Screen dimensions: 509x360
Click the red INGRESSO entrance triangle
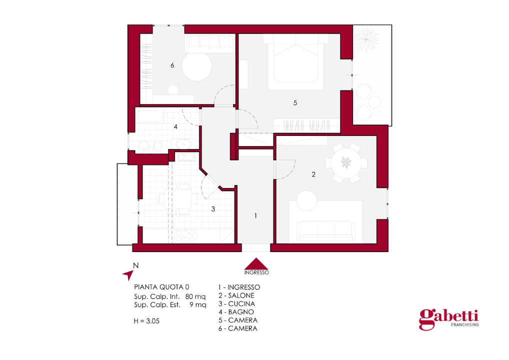coord(256,264)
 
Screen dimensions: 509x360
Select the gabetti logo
coord(448,319)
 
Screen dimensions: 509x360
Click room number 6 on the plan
coord(172,65)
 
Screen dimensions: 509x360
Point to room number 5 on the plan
coord(295,103)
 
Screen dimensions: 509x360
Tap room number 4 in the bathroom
coord(175,127)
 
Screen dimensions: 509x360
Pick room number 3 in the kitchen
coord(213,209)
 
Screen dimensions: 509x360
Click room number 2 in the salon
coord(313,174)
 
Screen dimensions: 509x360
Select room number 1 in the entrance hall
coord(256,216)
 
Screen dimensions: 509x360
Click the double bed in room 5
coord(295,61)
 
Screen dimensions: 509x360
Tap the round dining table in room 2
coord(346,162)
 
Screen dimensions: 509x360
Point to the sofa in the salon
coord(325,231)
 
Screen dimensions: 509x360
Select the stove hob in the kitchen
coord(185,236)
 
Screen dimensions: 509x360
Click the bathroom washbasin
coord(184,144)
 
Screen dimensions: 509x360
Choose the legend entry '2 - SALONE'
coord(236,295)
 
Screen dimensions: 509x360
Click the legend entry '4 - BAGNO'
coord(236,312)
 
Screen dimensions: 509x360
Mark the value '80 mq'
coord(195,296)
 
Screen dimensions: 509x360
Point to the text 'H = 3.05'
coord(146,321)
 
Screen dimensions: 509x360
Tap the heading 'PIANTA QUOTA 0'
coord(161,287)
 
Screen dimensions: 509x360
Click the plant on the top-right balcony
coord(366,39)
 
